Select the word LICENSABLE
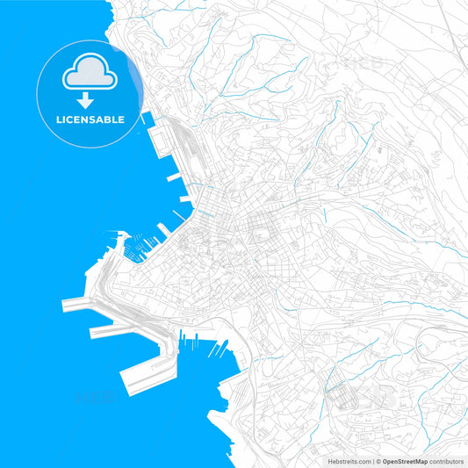click(x=89, y=119)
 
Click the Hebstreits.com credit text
click(x=344, y=460)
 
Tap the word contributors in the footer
click(x=444, y=460)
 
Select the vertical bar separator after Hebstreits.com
click(x=372, y=460)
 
